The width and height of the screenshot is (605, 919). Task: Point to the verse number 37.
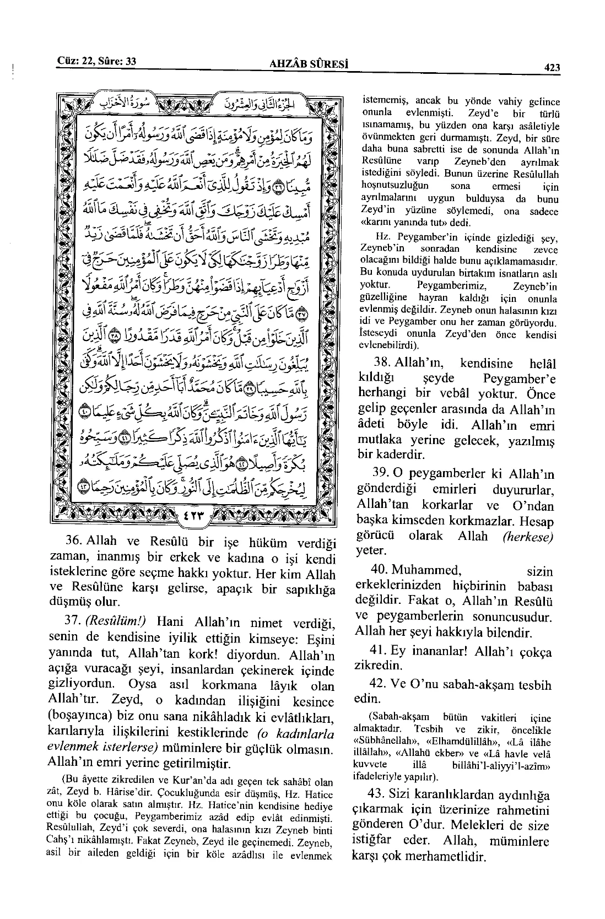click(74, 621)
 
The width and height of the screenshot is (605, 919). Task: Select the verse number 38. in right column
click(383, 364)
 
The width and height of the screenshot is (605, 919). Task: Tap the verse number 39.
click(383, 474)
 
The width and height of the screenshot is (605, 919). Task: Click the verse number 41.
click(382, 651)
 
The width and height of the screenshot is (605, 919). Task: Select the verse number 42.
click(382, 684)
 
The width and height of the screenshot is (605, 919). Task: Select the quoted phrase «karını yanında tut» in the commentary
click(404, 223)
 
